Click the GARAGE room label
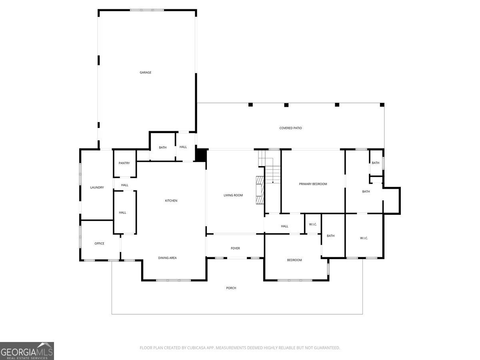click(146, 72)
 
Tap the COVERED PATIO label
click(290, 128)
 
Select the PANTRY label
click(124, 163)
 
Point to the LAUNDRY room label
click(97, 188)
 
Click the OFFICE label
click(99, 244)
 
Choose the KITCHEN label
click(171, 201)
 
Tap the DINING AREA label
click(167, 258)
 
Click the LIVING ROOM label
click(233, 195)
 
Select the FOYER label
click(235, 248)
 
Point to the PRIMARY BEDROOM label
click(313, 184)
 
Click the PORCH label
click(231, 288)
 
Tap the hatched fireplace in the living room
click(260, 190)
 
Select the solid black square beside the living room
click(200, 155)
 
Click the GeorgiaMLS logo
click(27, 351)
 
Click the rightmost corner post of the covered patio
click(382, 105)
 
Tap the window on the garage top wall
click(147, 10)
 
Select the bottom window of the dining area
click(174, 280)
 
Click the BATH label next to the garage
click(162, 148)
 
